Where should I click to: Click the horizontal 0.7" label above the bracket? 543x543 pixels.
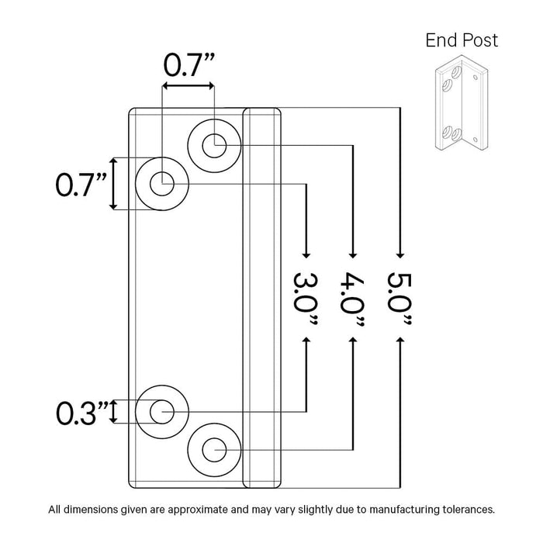pyautogui.click(x=188, y=64)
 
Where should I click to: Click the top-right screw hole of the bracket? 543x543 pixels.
pyautogui.click(x=213, y=144)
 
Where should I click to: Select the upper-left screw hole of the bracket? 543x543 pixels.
pyautogui.click(x=161, y=185)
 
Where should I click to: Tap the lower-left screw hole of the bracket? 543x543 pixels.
pyautogui.click(x=161, y=411)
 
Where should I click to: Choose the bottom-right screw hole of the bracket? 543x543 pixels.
pyautogui.click(x=213, y=448)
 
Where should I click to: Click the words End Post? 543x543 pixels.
pyautogui.click(x=462, y=40)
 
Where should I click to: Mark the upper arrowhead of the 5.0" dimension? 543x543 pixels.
pyautogui.click(x=400, y=253)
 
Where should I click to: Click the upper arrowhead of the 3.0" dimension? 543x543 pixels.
pyautogui.click(x=306, y=253)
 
